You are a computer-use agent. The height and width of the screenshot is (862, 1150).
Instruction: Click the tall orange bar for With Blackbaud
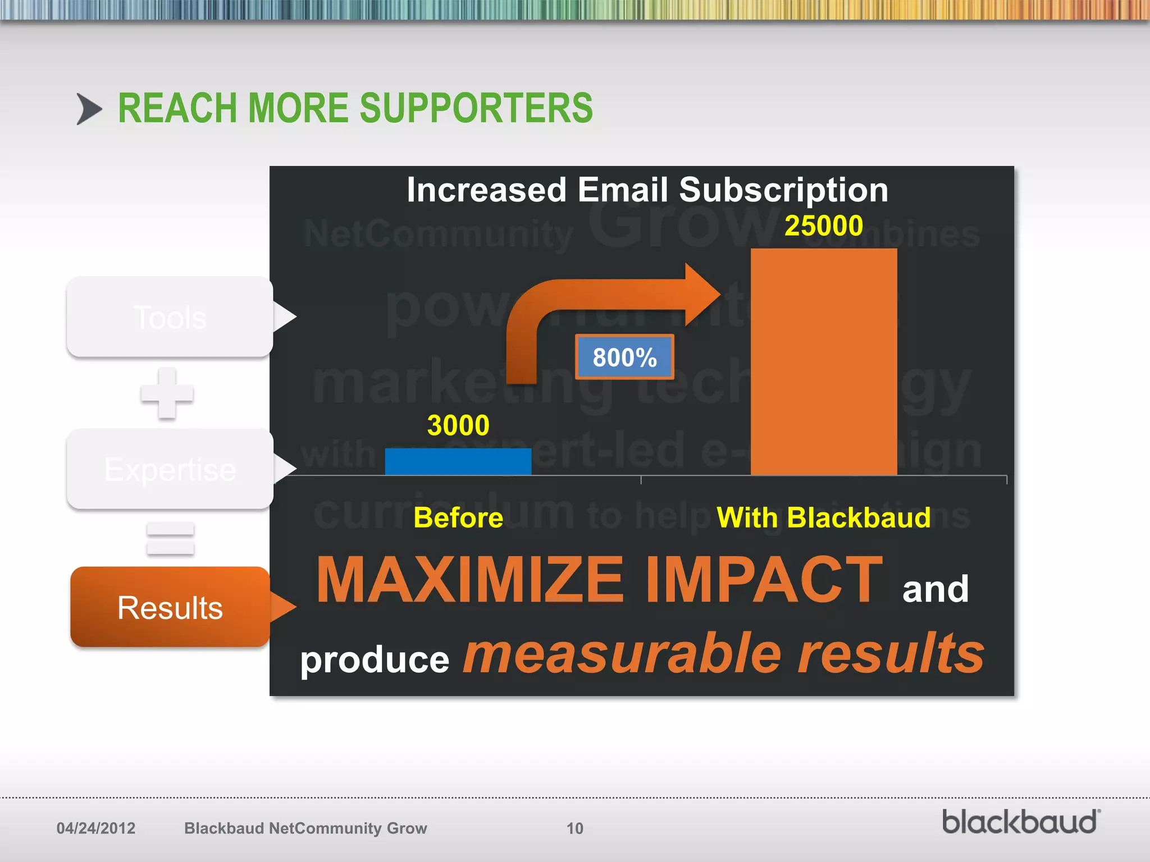(x=823, y=362)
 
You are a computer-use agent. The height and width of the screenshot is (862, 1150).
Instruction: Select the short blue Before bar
(x=458, y=461)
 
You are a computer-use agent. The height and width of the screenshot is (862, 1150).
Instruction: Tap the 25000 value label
(x=823, y=226)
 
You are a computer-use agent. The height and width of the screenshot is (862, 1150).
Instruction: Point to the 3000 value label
(x=458, y=425)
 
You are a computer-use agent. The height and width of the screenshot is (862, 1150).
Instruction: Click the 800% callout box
(x=624, y=357)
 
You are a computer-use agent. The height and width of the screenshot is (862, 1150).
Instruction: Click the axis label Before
(x=458, y=517)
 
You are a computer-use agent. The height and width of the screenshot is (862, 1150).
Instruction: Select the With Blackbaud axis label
(x=823, y=517)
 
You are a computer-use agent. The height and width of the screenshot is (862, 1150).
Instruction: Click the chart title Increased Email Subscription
(x=647, y=190)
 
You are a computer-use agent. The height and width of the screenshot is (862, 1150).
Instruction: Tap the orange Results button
(x=170, y=607)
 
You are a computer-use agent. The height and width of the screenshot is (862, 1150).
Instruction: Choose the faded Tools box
(x=170, y=317)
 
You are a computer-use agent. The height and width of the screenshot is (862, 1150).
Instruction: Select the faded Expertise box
(x=170, y=469)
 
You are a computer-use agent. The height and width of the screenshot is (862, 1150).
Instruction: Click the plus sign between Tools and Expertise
(x=167, y=393)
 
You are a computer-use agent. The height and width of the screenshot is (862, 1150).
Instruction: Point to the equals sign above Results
(x=170, y=539)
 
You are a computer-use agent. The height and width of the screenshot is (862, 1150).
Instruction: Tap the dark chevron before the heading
(x=89, y=109)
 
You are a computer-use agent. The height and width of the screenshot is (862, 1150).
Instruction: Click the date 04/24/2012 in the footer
(x=96, y=828)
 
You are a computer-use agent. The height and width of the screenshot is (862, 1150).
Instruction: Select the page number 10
(x=574, y=828)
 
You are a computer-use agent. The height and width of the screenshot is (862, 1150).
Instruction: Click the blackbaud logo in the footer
(x=1021, y=822)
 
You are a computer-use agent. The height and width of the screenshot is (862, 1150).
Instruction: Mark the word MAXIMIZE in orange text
(x=470, y=580)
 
